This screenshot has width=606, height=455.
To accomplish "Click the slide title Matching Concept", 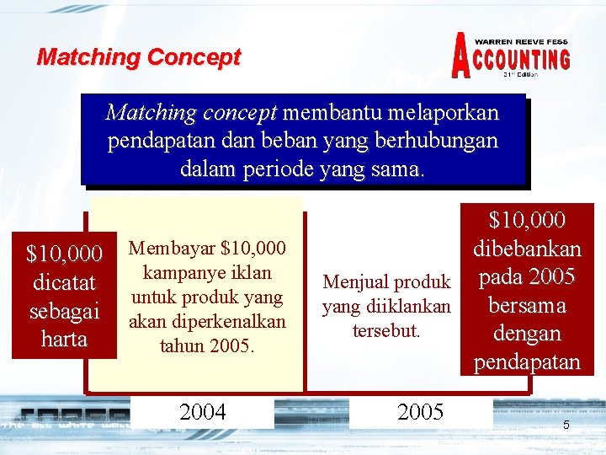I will [139, 57].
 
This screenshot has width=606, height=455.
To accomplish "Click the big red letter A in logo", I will [462, 56].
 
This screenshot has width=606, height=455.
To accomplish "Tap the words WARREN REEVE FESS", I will [521, 41].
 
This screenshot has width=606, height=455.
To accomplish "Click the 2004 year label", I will [203, 411].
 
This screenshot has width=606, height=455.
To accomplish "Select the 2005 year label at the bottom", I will [420, 411].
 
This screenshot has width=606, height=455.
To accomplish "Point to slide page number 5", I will [566, 425].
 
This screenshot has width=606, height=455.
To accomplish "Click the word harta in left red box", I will [64, 339].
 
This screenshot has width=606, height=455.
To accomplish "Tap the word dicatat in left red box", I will [64, 281].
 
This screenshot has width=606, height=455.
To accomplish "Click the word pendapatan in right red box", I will [527, 361].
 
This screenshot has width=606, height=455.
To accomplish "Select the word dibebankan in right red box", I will [527, 249].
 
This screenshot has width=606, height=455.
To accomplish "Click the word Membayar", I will [169, 248].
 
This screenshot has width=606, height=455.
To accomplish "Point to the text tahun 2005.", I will [207, 346].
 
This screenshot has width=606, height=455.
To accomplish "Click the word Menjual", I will [353, 281].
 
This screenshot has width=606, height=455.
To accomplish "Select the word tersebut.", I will [387, 330].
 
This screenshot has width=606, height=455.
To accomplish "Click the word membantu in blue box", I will [336, 112].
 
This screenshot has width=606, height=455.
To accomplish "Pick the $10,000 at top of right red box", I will [527, 221].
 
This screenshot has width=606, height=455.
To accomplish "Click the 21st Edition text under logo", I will [520, 74].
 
